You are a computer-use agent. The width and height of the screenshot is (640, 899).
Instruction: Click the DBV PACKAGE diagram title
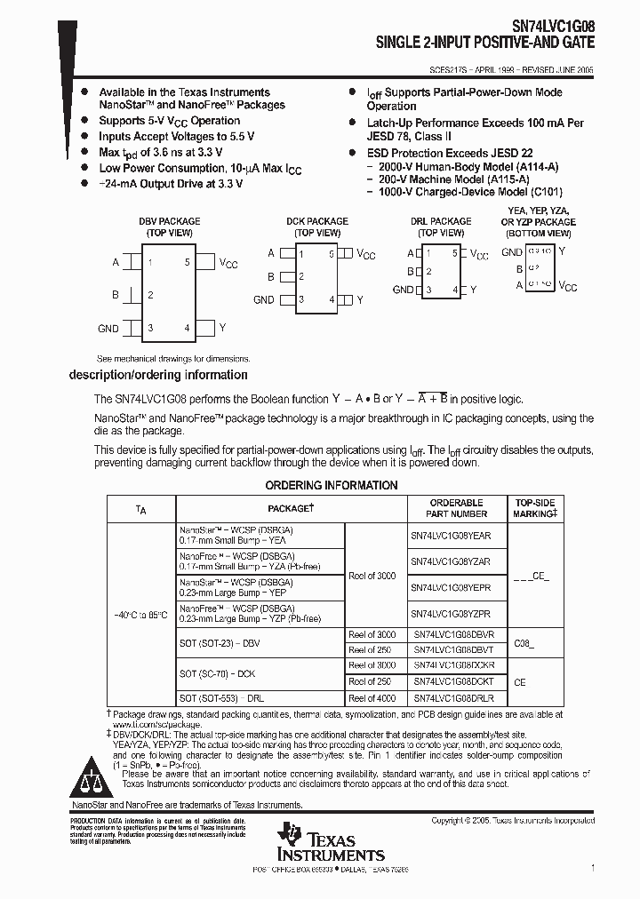169,221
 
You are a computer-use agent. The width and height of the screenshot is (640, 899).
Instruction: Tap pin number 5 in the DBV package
187,262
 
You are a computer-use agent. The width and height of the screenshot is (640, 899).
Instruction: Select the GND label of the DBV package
108,329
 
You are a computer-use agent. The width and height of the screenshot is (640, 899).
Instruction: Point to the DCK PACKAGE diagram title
316,221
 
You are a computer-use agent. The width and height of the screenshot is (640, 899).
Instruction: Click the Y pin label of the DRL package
473,290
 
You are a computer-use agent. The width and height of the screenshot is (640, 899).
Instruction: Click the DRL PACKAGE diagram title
441,221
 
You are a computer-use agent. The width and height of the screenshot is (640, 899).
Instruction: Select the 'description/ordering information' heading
158,375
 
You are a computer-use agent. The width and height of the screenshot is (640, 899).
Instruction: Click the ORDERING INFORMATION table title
332,485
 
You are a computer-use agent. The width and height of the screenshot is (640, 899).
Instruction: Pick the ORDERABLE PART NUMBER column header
456,508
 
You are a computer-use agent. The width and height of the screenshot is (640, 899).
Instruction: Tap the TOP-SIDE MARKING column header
534,508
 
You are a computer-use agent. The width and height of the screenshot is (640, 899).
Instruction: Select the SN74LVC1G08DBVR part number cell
452,635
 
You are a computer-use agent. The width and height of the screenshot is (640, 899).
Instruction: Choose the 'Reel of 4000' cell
372,699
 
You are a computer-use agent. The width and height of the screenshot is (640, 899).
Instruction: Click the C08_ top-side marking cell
525,641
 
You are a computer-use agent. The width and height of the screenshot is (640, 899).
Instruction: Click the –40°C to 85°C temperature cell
141,614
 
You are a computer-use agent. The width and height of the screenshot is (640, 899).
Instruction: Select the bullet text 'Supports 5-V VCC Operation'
169,121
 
